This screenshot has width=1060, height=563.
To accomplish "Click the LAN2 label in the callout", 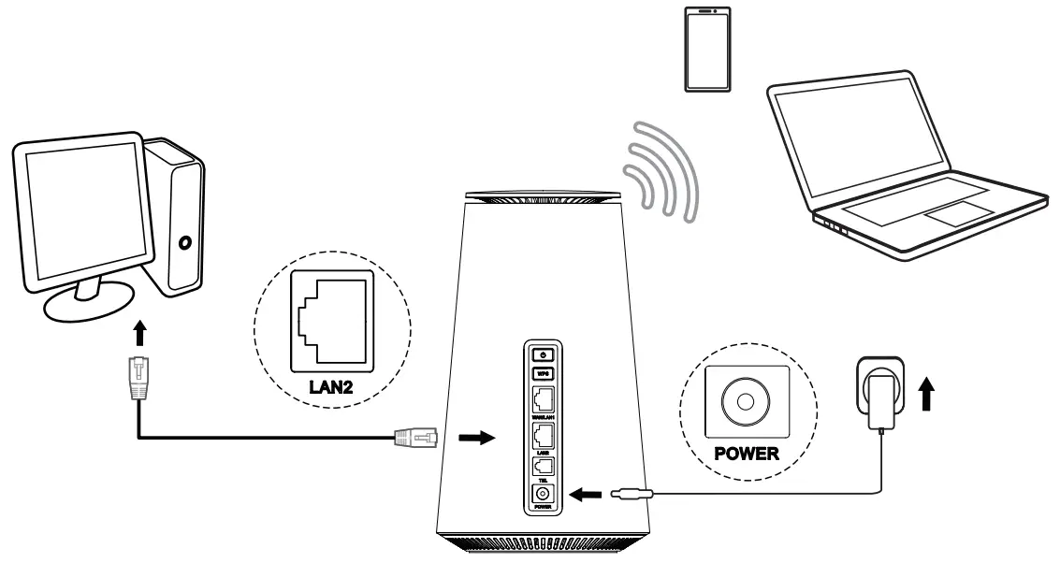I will [x=333, y=385].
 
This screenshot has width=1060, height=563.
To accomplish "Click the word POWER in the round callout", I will [x=746, y=455].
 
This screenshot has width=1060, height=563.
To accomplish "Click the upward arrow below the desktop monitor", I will [x=138, y=335].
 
